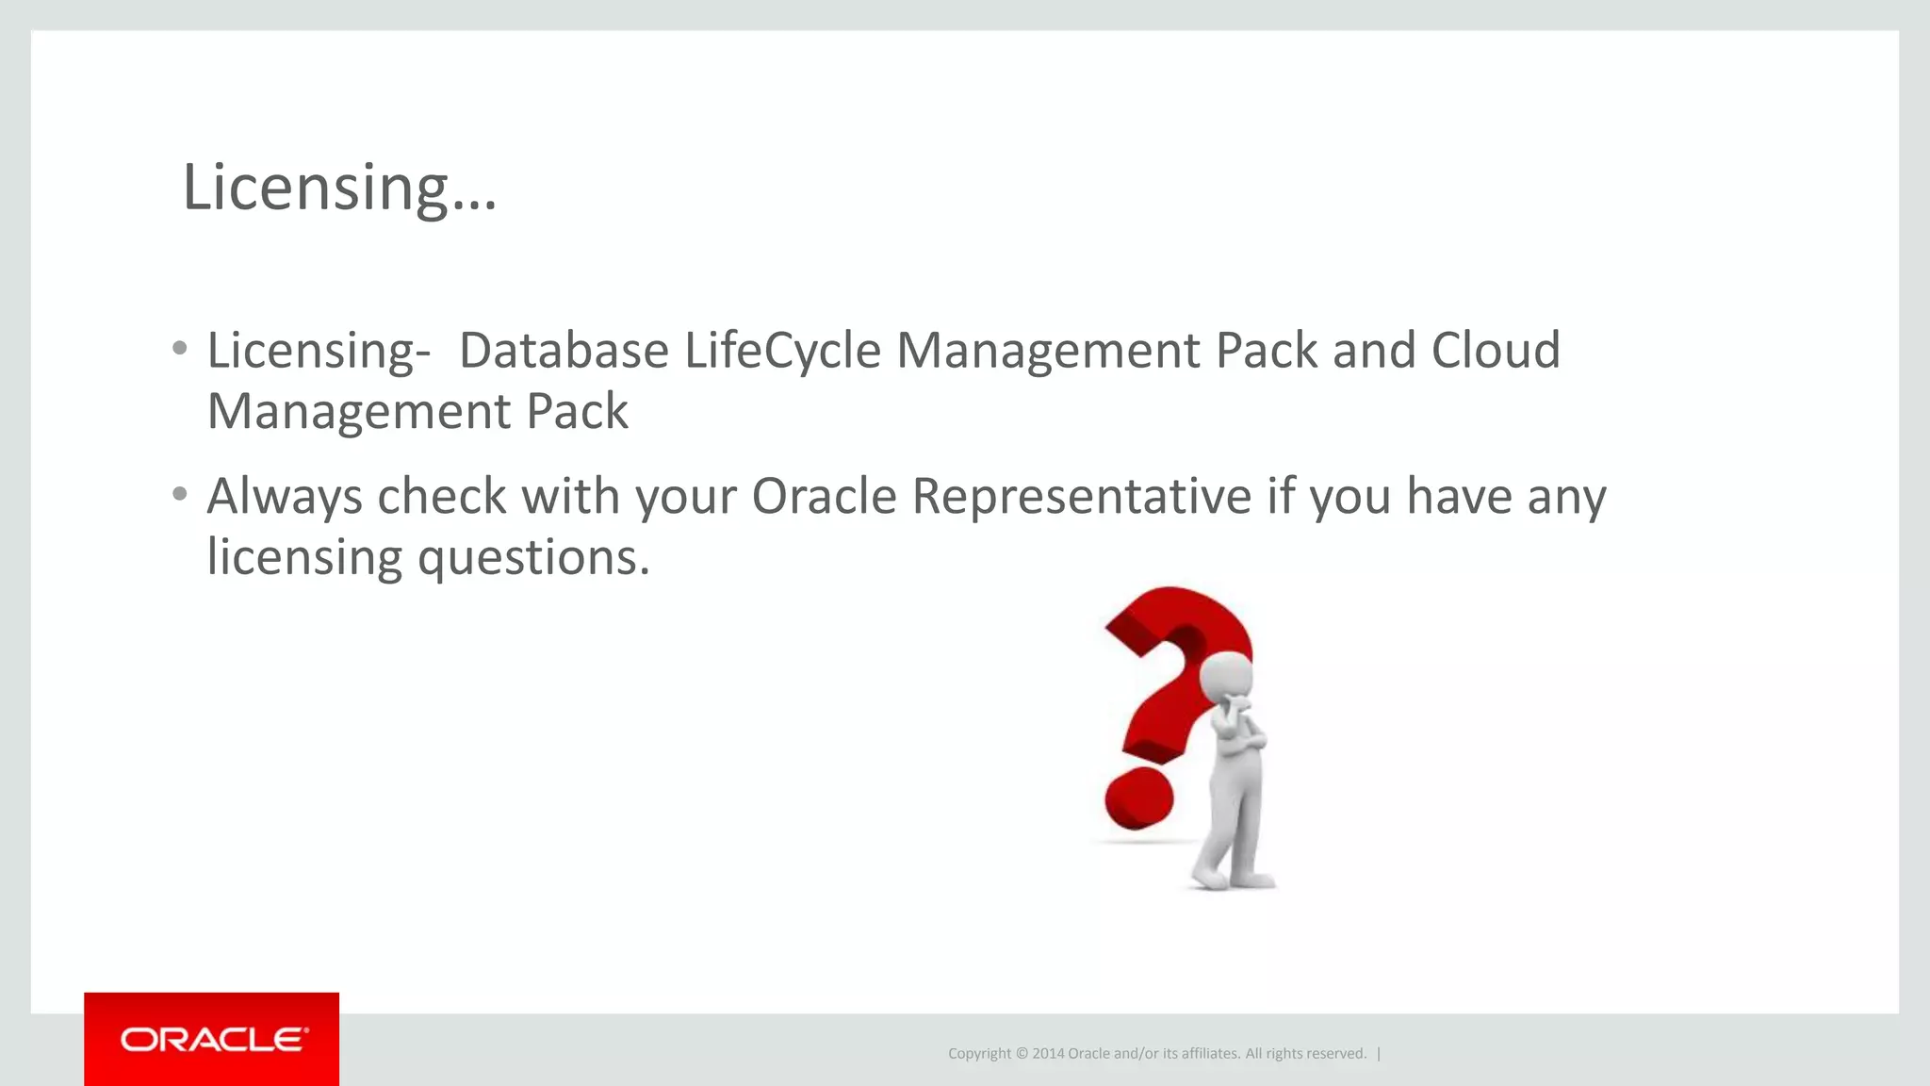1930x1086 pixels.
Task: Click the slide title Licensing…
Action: pos(339,188)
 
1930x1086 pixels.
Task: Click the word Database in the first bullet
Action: pos(564,351)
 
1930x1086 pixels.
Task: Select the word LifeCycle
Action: pos(782,351)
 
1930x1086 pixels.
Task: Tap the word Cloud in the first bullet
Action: pos(1496,351)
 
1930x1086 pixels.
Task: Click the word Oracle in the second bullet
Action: pos(824,496)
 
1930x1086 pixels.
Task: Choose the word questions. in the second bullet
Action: pos(533,557)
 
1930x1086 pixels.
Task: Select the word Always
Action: pos(284,498)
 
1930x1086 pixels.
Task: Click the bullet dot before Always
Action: pos(180,494)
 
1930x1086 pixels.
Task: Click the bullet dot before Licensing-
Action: pos(180,349)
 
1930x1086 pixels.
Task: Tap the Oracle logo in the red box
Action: pos(213,1040)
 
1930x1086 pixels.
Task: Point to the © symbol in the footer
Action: pos(1022,1054)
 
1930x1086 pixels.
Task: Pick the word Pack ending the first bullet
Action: pos(577,412)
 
